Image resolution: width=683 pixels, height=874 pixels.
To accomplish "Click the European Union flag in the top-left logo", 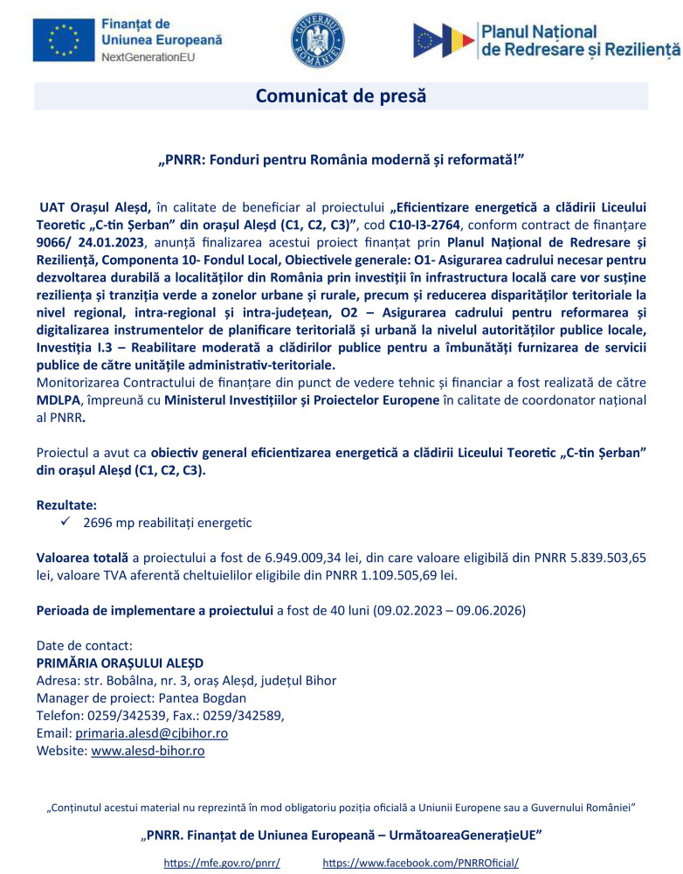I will click(x=62, y=40).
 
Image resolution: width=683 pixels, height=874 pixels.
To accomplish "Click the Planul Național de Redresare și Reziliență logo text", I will click(x=580, y=41).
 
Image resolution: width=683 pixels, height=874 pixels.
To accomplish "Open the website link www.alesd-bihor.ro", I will click(x=148, y=751).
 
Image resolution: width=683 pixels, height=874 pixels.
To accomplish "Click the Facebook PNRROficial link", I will click(x=420, y=863).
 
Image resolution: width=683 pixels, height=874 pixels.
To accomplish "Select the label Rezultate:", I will click(x=66, y=505).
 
